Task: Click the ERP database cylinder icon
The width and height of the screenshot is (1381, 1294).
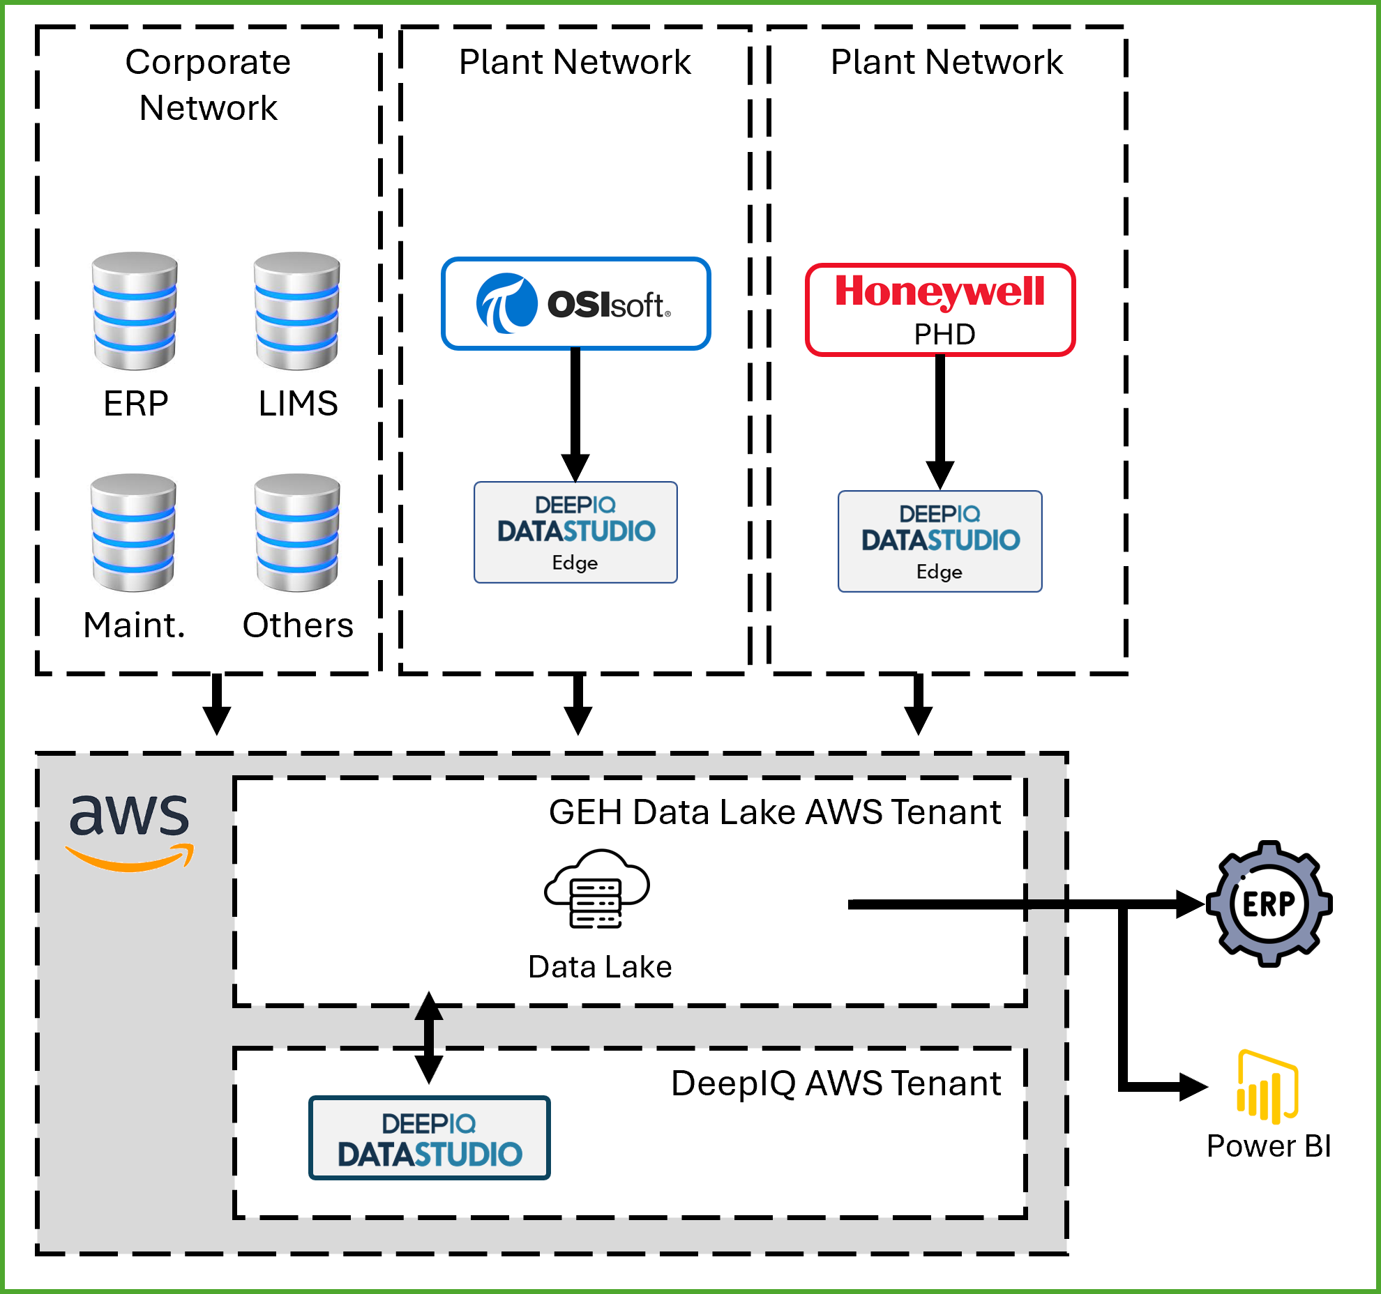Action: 135,311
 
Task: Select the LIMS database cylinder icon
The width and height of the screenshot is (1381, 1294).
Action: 297,311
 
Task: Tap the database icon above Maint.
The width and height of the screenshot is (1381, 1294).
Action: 133,533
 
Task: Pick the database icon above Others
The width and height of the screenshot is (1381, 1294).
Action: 297,533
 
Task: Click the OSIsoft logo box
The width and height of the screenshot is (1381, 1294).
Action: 576,304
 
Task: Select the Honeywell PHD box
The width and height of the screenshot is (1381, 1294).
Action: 940,310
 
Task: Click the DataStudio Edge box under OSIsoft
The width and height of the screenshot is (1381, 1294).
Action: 575,533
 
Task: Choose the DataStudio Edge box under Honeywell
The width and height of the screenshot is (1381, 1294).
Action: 939,542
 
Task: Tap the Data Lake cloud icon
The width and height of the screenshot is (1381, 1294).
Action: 596,889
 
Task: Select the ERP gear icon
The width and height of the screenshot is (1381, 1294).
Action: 1269,904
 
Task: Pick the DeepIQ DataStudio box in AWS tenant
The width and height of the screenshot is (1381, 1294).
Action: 430,1138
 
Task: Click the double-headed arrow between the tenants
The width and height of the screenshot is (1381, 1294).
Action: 429,1037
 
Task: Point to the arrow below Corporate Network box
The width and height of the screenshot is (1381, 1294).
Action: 217,704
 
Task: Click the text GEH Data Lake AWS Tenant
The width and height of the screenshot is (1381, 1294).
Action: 774,812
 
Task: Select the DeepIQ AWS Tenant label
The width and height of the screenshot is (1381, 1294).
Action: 836,1083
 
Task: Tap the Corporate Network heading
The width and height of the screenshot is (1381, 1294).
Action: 208,84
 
